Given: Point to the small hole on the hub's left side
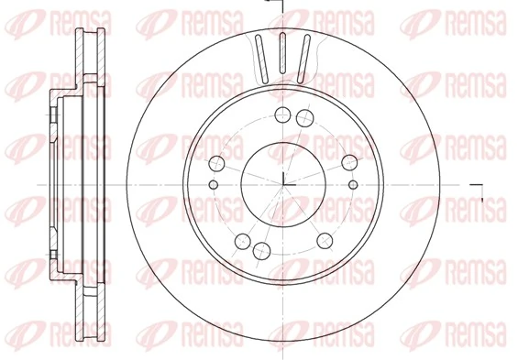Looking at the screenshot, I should tap(214, 186).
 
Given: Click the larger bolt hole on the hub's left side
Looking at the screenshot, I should tap(217, 164).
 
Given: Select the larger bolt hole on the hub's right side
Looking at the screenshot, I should tap(349, 162).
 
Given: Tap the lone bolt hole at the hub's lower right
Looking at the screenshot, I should tap(325, 240).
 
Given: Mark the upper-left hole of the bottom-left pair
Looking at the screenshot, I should tap(243, 241).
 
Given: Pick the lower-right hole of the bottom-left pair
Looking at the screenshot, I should tap(262, 252).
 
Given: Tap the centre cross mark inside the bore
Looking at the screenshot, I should tap(283, 184).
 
